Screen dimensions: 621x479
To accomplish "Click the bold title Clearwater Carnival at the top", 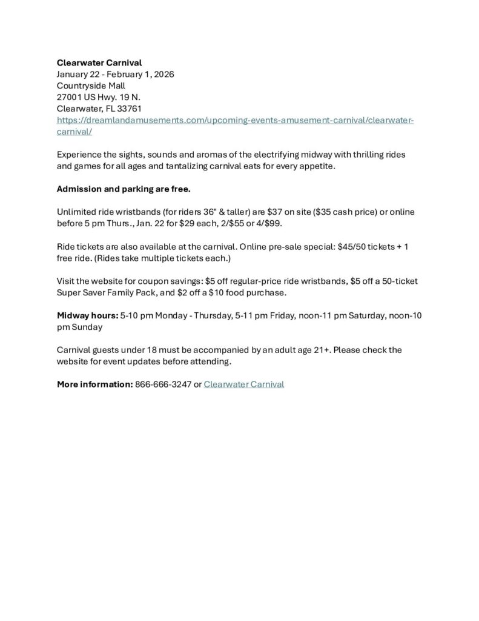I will [x=99, y=63].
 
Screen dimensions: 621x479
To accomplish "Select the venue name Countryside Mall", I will [x=91, y=86].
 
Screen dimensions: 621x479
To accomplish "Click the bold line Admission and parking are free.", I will [x=124, y=189].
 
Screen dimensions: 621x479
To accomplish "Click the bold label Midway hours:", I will [x=87, y=316].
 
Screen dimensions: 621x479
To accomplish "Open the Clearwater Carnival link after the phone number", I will [x=243, y=384].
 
